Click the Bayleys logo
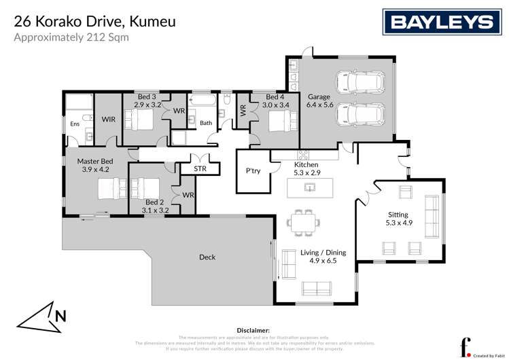[x=440, y=22]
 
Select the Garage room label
[x=319, y=96]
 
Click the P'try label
[x=253, y=170]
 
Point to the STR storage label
[x=200, y=168]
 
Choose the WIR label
[x=108, y=120]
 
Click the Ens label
[x=75, y=124]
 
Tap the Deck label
[x=207, y=257]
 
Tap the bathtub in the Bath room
[x=203, y=101]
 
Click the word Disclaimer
[x=254, y=329]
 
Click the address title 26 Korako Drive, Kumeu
[x=95, y=22]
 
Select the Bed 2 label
[x=154, y=202]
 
